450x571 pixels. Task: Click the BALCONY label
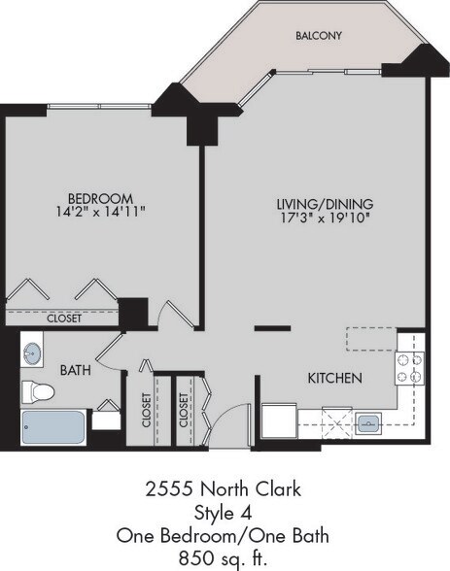[x=319, y=36]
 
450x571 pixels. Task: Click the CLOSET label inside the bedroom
[x=64, y=318]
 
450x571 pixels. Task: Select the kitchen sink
[x=370, y=423]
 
